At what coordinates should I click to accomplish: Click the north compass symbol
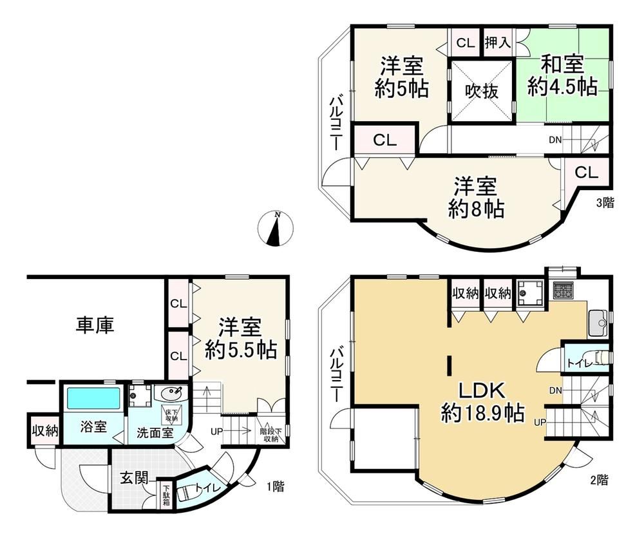[x=276, y=228]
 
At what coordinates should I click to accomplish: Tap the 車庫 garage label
[x=95, y=325]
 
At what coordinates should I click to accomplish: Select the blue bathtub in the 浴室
[x=93, y=398]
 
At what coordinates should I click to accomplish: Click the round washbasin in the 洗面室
[x=171, y=394]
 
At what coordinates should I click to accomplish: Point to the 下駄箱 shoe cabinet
[x=166, y=495]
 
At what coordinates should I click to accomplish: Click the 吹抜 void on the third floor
[x=482, y=91]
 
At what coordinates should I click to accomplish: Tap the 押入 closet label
[x=497, y=43]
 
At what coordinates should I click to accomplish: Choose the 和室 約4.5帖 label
[x=562, y=77]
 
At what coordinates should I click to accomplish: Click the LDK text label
[x=482, y=390]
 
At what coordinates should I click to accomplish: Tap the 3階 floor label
[x=605, y=202]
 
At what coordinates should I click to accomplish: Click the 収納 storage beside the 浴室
[x=45, y=431]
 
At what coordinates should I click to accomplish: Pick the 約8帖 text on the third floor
[x=477, y=209]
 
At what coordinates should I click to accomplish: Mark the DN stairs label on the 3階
[x=555, y=140]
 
